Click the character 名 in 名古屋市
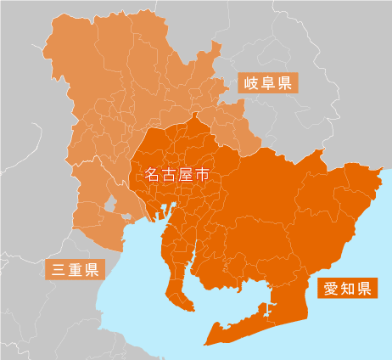151,176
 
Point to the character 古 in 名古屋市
167,176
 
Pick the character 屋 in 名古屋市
184,176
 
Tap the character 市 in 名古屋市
201,176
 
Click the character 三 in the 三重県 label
58,271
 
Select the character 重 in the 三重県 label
74,271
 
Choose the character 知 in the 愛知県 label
348,288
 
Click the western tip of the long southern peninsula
206,343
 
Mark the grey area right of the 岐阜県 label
339,93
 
